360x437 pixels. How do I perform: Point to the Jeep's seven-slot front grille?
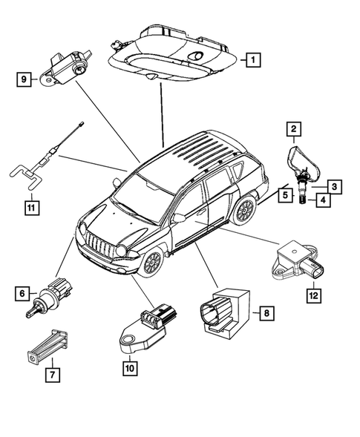pyautogui.click(x=99, y=246)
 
